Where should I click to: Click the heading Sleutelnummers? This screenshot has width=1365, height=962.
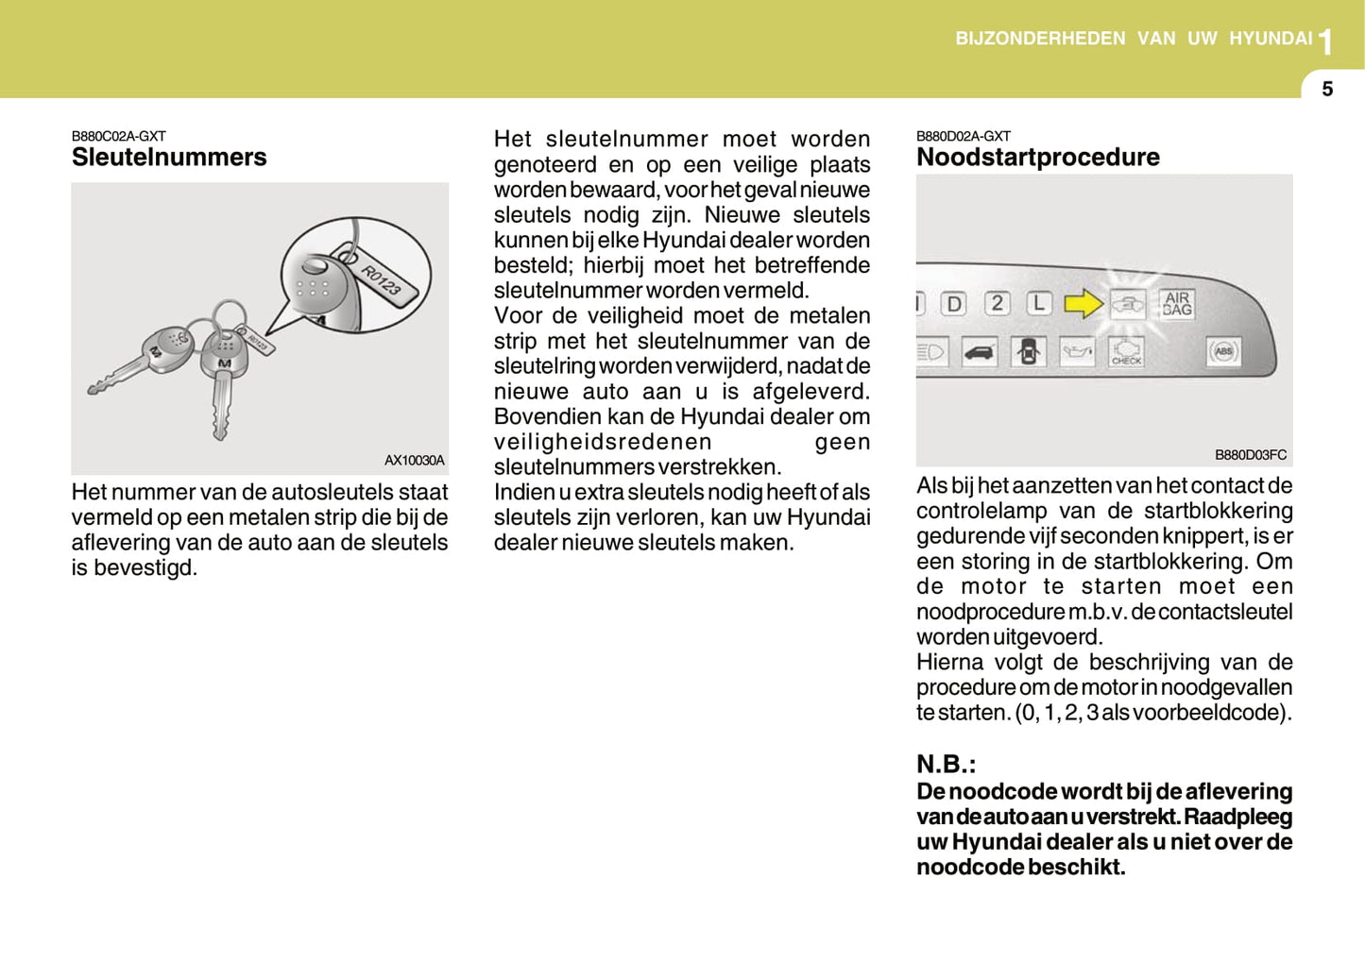point(169,157)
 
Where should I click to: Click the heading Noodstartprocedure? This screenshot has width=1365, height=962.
point(1037,157)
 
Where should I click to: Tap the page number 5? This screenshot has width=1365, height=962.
point(1327,89)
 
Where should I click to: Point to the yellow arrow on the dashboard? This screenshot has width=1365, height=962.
point(1083,303)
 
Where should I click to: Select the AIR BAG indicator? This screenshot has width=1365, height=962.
point(1177,303)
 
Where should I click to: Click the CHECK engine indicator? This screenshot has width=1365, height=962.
point(1126,352)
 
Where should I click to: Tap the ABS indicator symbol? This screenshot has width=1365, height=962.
point(1224,351)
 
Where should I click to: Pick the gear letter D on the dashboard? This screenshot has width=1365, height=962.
point(954,304)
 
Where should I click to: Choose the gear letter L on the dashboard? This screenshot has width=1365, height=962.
point(1038,303)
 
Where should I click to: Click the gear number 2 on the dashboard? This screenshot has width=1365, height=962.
point(997,303)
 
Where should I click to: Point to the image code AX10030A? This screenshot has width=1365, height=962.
point(414,461)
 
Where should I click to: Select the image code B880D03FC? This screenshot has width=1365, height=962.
point(1250,455)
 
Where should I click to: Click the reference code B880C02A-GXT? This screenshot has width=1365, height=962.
point(118,136)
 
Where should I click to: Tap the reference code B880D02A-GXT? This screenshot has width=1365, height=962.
point(963,136)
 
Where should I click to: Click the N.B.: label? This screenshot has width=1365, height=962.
point(946,764)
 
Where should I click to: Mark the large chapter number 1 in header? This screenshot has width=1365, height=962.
point(1326,42)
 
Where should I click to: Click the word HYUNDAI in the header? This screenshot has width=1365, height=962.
point(1271,39)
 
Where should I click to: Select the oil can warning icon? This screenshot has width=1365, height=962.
point(1077,352)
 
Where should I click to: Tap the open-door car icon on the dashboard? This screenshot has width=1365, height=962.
point(1028,352)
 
